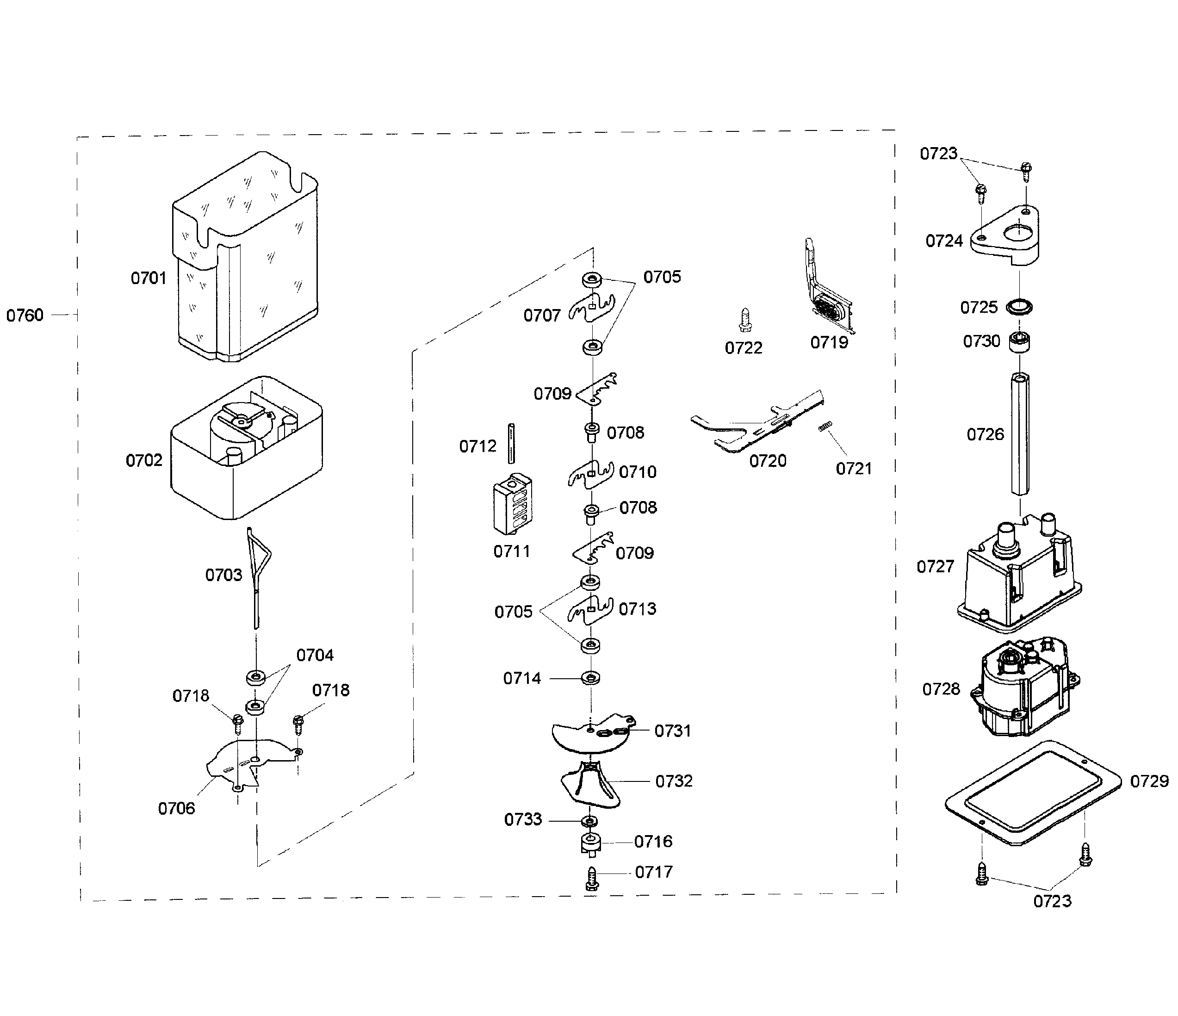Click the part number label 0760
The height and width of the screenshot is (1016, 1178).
pos(25,315)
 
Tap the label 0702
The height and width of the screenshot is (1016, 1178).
pos(144,460)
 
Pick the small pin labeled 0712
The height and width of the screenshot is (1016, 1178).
pos(512,444)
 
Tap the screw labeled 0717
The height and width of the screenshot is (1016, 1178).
pos(592,879)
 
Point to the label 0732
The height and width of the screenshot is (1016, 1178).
pos(674,781)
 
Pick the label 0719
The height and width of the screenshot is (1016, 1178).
pos(829,342)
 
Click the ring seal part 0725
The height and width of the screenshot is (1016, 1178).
pos(1019,308)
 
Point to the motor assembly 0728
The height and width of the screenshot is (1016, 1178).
pos(1023,688)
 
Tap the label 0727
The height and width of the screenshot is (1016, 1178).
pos(935,567)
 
